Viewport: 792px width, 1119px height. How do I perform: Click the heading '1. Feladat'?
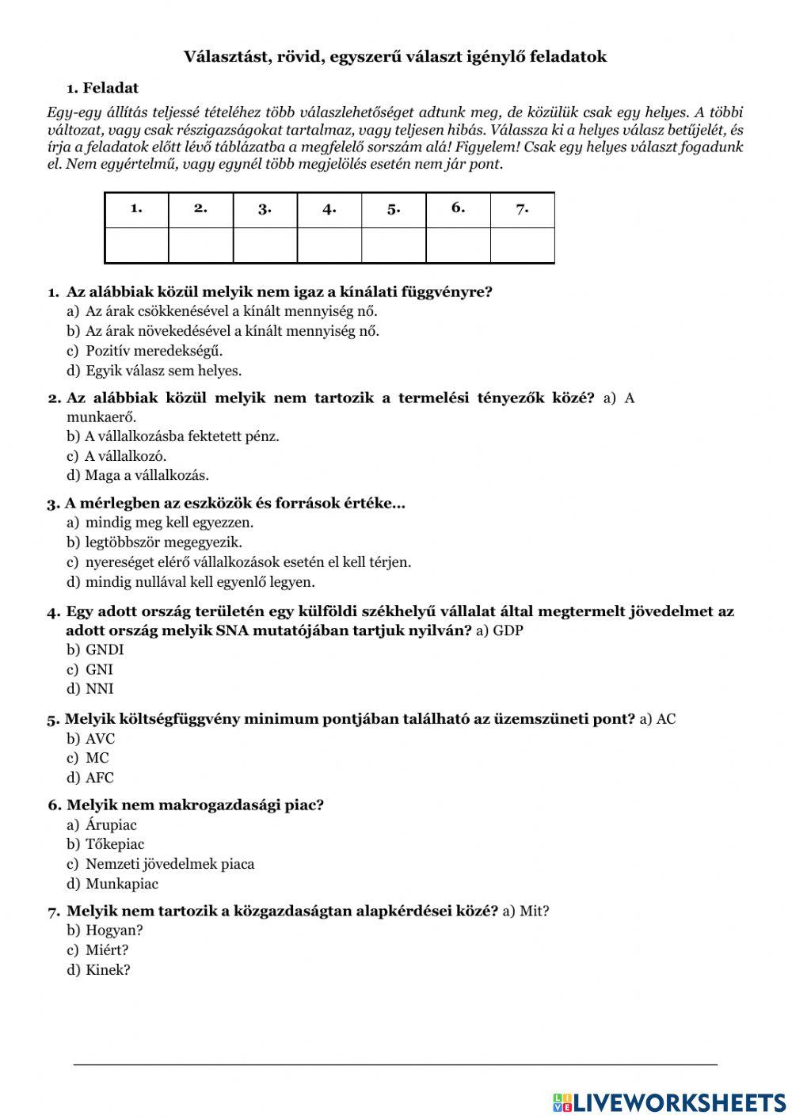click(x=102, y=88)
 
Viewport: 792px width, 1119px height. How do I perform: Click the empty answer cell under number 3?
click(x=265, y=245)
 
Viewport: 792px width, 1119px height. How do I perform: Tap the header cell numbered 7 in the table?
click(x=522, y=209)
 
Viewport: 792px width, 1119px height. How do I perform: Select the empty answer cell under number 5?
click(x=394, y=245)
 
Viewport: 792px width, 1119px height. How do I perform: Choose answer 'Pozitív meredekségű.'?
click(x=154, y=351)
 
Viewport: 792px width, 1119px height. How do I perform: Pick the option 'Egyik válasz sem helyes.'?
click(x=163, y=371)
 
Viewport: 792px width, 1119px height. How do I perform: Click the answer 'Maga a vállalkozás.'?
click(x=147, y=475)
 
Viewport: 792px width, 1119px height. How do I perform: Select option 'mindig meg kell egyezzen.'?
click(x=169, y=523)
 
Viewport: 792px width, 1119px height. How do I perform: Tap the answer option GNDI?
click(x=105, y=649)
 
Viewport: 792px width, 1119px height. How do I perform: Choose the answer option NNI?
click(x=100, y=689)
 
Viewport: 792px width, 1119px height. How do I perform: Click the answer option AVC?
click(x=100, y=739)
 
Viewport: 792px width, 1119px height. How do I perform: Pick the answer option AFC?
click(x=100, y=778)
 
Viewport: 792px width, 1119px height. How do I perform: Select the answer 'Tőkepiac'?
click(x=115, y=844)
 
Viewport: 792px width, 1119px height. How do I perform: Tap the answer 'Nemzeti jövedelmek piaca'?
click(x=169, y=864)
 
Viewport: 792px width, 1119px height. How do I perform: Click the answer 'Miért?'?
click(x=107, y=950)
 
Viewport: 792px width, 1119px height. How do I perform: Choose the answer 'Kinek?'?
click(x=108, y=969)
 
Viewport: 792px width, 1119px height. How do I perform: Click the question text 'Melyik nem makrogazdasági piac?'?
click(x=195, y=805)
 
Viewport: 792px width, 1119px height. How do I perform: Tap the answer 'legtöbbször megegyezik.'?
click(x=163, y=542)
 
